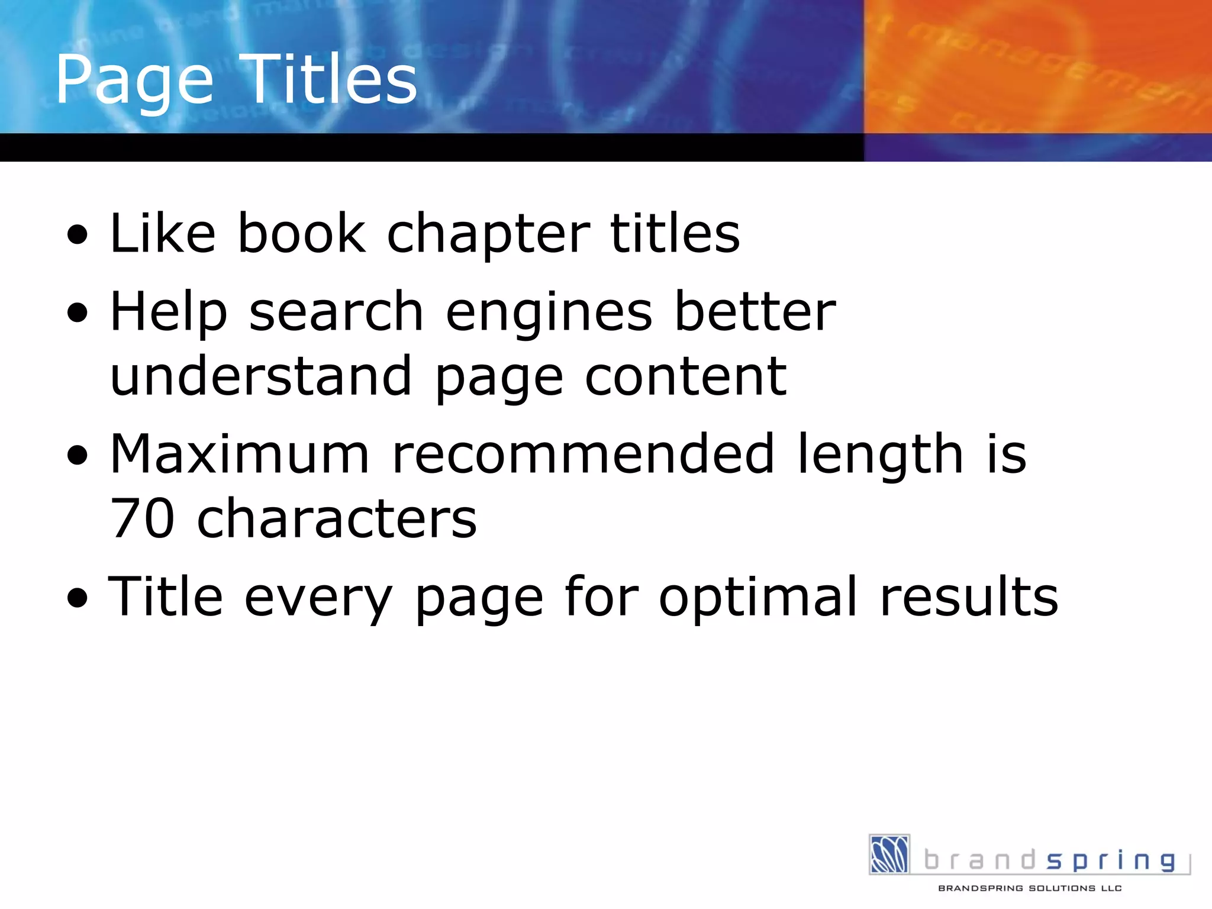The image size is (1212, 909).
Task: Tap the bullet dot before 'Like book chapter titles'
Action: click(x=78, y=235)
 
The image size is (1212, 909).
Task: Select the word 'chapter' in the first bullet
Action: click(x=488, y=234)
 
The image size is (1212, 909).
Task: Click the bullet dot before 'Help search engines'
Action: click(x=78, y=313)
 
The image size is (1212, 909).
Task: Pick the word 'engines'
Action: click(x=549, y=314)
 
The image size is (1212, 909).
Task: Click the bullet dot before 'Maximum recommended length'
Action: click(x=78, y=456)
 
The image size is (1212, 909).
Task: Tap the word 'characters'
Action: click(x=337, y=519)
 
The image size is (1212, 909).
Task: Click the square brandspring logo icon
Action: click(x=889, y=854)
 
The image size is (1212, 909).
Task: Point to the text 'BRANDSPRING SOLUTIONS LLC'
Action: click(x=1030, y=888)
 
